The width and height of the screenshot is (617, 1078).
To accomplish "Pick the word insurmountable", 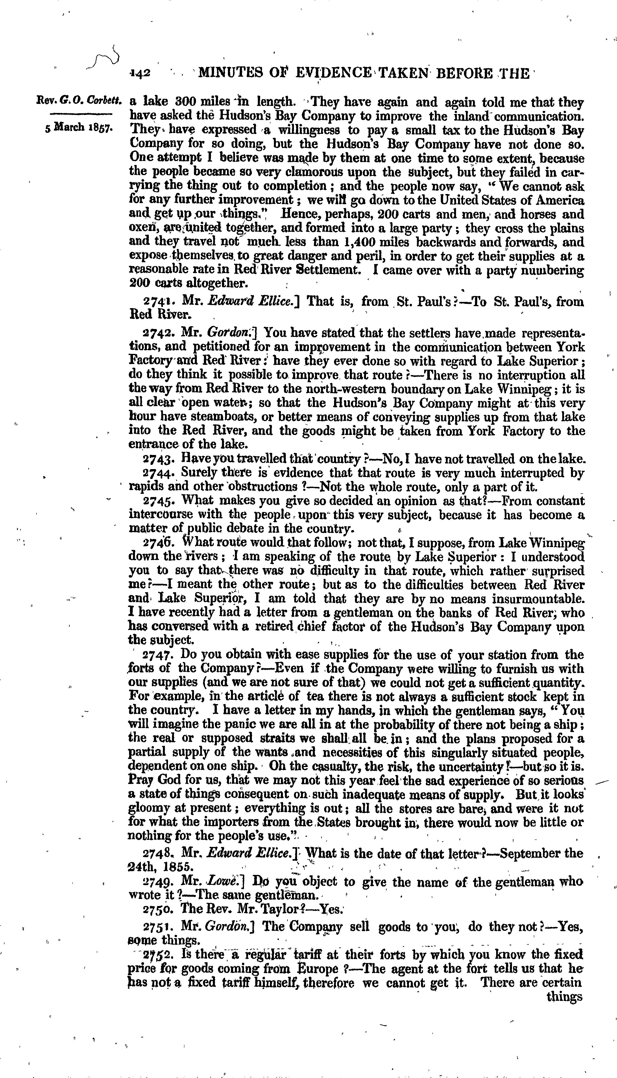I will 538,599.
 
